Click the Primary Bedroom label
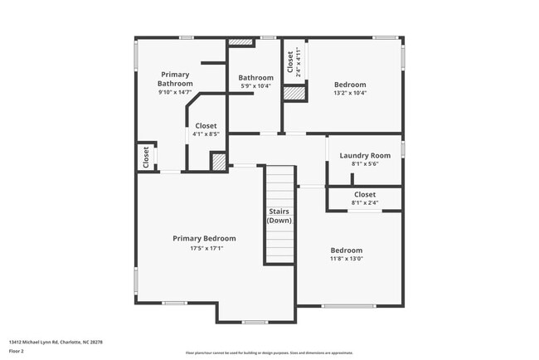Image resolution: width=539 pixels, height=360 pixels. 204,238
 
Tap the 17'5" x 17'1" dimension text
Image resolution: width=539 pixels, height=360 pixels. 204,247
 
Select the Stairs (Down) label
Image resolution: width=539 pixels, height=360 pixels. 279,216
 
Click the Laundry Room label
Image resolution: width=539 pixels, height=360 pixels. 365,155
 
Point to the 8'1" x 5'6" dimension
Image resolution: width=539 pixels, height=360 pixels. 365,164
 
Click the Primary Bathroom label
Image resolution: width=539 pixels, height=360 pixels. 175,79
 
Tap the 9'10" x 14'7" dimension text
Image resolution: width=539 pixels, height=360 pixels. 175,92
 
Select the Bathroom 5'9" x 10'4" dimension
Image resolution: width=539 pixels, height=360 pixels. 256,86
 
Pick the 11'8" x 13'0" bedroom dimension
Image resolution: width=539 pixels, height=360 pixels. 346,259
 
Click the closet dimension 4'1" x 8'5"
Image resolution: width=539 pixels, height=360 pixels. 206,134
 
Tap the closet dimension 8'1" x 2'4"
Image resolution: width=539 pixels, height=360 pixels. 365,202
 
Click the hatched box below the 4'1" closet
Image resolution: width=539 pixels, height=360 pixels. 218,162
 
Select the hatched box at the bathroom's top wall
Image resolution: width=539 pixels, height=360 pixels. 240,41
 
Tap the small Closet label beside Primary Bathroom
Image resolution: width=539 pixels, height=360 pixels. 146,157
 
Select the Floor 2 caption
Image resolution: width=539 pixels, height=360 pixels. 17,350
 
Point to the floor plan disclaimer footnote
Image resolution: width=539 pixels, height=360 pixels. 269,353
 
